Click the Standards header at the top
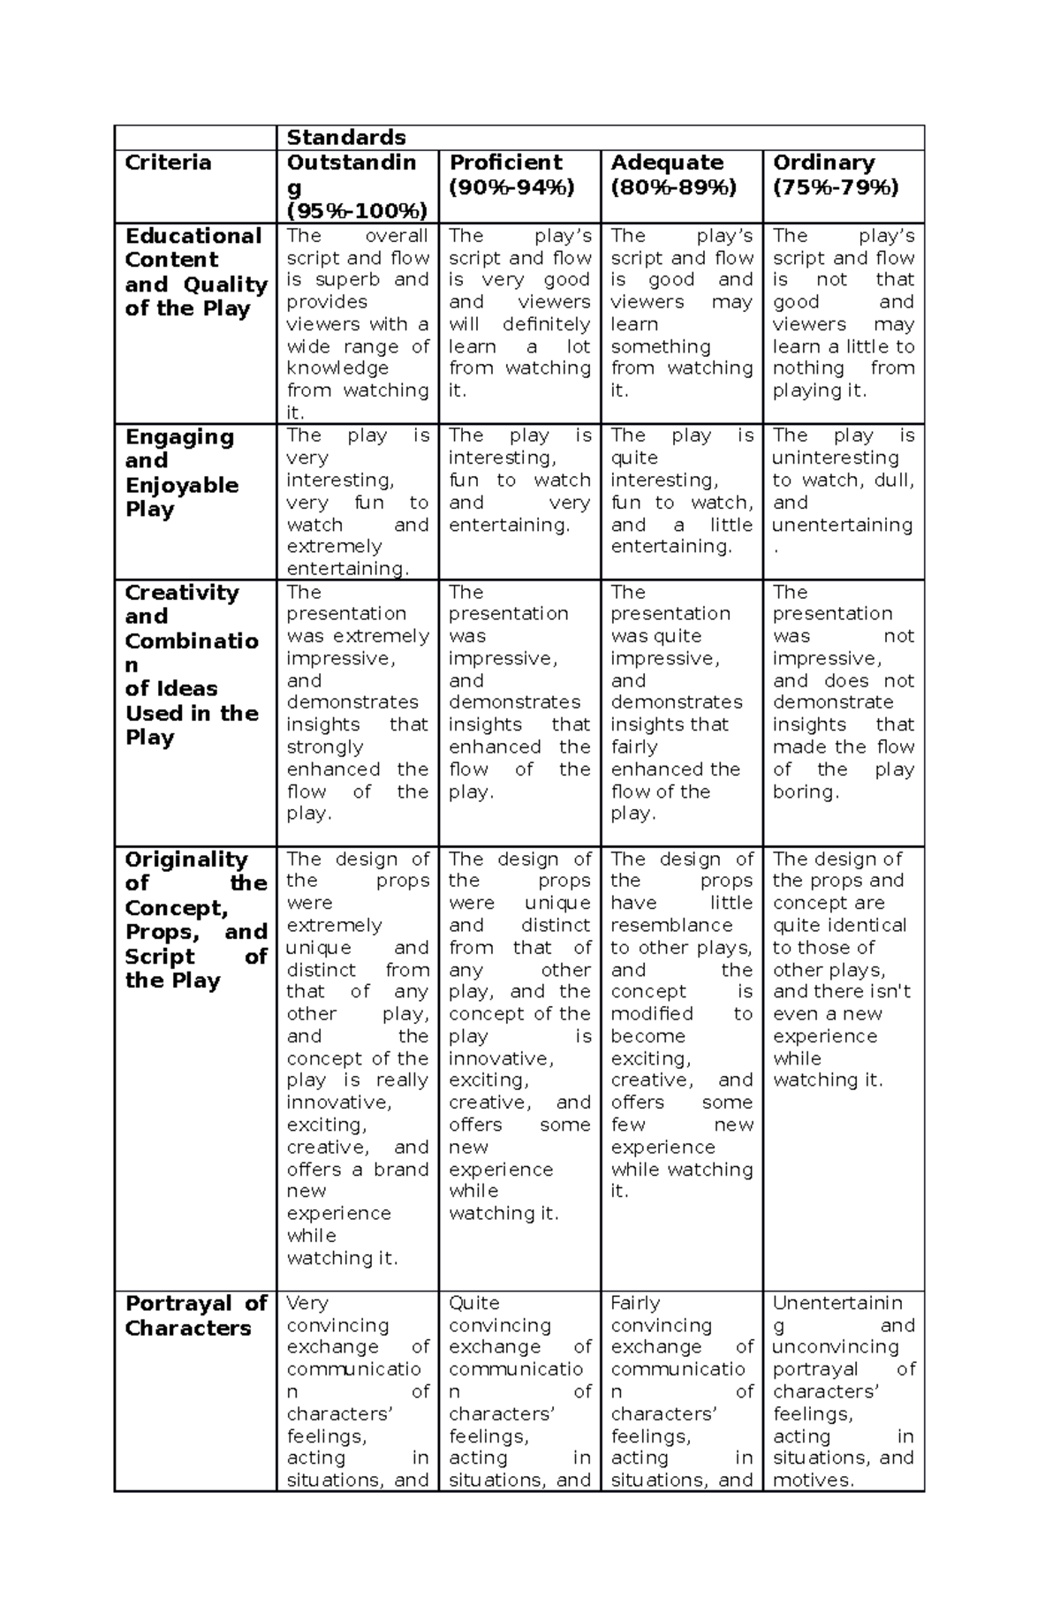tap(345, 138)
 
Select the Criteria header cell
tap(168, 163)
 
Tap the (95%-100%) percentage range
tap(357, 210)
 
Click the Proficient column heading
tap(505, 163)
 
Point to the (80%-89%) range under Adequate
tap(673, 186)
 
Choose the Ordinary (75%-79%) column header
tap(835, 174)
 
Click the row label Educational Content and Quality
tap(195, 272)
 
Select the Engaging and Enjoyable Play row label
tap(181, 473)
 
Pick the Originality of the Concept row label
tap(195, 920)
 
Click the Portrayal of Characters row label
tap(195, 1315)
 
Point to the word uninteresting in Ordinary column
tap(835, 458)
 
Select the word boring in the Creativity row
tap(805, 792)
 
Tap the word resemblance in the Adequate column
tap(671, 926)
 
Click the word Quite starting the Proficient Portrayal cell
tap(473, 1303)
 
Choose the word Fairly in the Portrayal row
tap(635, 1303)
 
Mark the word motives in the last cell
tap(811, 1481)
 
